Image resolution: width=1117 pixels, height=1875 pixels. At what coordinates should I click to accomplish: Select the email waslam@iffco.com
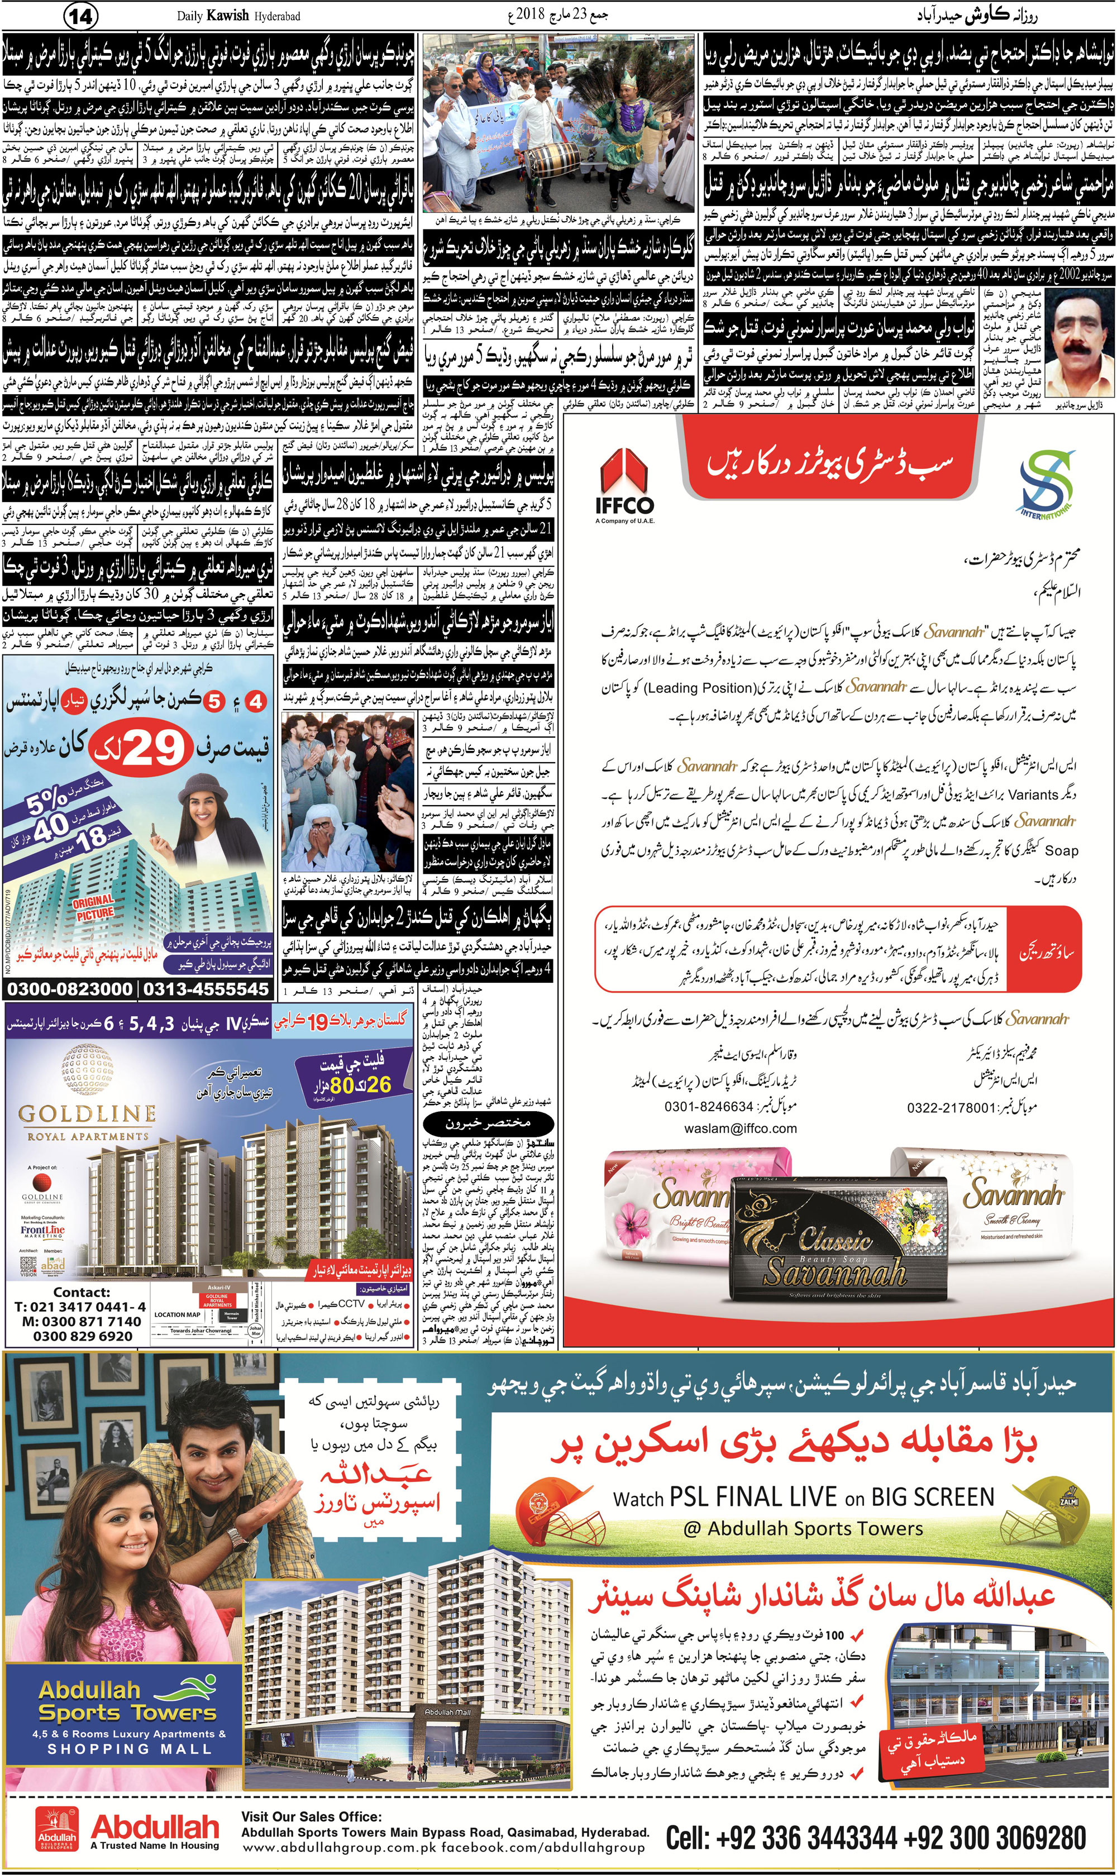[741, 1128]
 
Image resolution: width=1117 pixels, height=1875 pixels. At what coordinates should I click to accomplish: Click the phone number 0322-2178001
[952, 1108]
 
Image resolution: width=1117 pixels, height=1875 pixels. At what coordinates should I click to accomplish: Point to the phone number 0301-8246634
[708, 1107]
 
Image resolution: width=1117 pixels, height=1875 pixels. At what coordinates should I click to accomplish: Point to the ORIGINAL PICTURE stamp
[93, 907]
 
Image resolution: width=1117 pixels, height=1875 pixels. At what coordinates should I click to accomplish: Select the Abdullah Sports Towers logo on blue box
[127, 1704]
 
